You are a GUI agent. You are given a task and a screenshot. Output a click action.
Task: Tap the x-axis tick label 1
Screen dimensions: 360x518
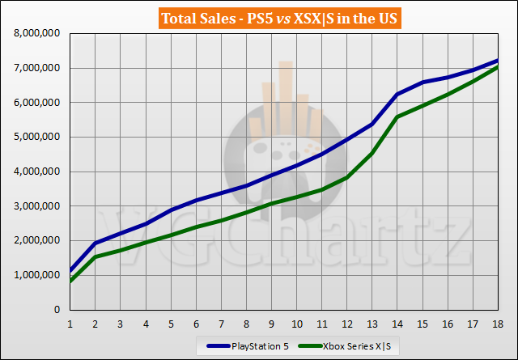[70, 322]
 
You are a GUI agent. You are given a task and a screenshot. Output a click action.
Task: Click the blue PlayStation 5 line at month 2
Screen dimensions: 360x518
[96, 244]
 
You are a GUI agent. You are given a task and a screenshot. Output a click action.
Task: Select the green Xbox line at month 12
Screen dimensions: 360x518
[347, 177]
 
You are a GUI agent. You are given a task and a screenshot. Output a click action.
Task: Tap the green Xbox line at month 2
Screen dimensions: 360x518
[96, 257]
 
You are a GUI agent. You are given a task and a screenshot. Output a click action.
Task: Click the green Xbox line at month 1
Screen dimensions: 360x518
[70, 281]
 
